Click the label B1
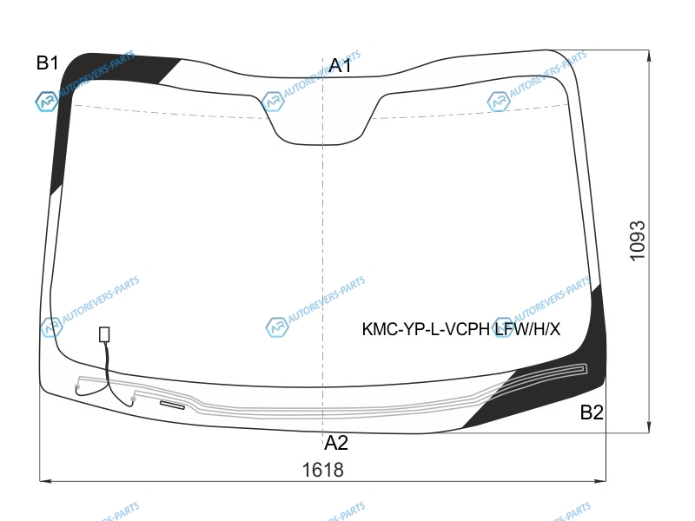[48, 63]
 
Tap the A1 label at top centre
[340, 66]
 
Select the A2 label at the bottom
[336, 443]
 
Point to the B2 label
[592, 412]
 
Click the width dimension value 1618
[322, 470]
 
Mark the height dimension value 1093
[638, 241]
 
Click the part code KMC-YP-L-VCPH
[426, 329]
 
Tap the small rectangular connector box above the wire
[104, 334]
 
